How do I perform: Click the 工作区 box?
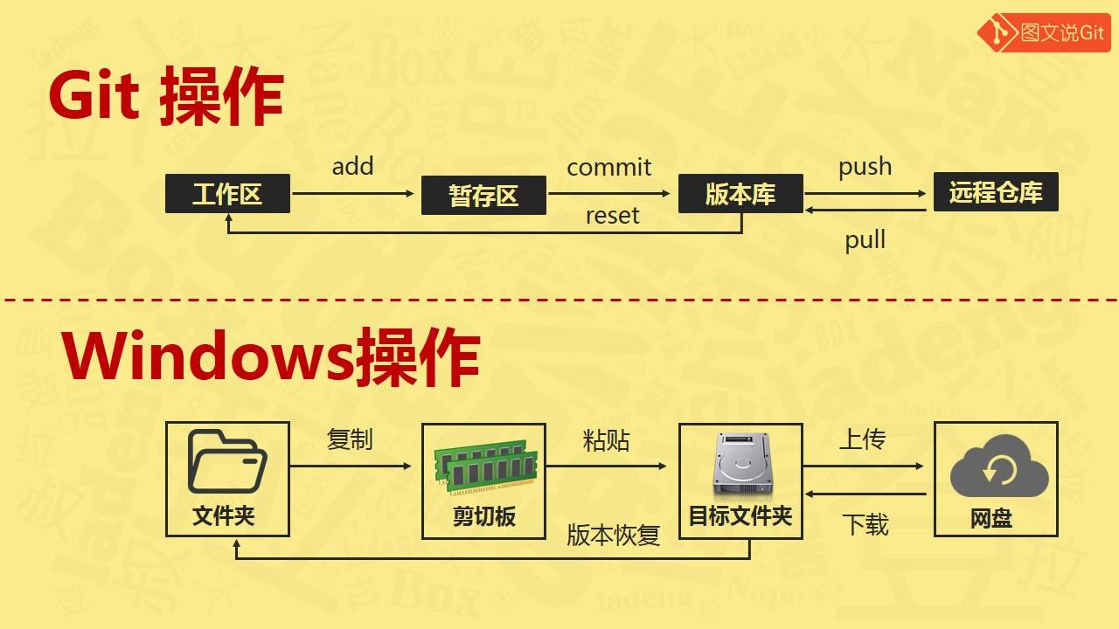227,194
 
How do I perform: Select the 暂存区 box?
483,195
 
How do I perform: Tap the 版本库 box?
740,194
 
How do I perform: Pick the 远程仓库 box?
996,192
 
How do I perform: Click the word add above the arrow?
352,166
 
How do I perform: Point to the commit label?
609,167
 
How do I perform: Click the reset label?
613,216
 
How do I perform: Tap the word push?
865,167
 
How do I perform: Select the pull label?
865,240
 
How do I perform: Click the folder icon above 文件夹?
227,461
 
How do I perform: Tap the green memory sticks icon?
486,467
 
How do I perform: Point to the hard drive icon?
743,464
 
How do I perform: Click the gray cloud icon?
999,466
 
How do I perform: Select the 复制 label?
350,439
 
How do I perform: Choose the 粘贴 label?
606,441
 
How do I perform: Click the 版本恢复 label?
614,535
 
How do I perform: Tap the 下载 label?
865,525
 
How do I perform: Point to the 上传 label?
863,439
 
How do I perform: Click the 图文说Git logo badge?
1044,32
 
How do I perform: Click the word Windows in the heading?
209,357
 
